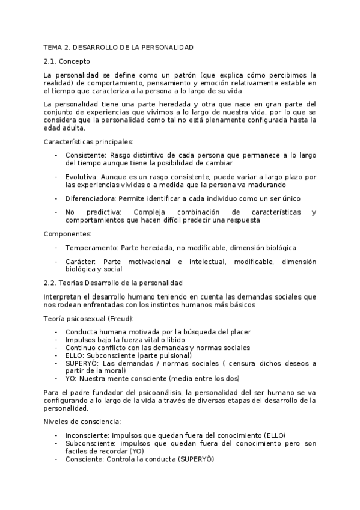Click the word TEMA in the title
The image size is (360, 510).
click(53, 47)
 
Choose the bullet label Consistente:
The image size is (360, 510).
click(87, 155)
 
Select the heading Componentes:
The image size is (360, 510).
click(68, 233)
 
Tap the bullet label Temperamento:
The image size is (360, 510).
click(92, 248)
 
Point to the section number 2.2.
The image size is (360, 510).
click(50, 283)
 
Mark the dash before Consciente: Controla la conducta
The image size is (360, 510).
click(56, 459)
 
